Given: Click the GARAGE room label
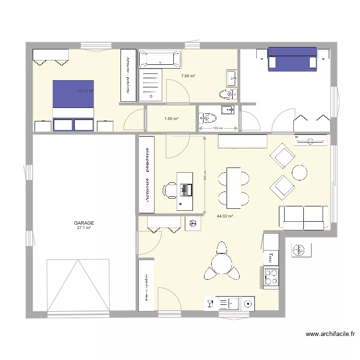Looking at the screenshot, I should [84, 223].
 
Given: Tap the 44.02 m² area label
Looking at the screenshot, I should [225, 216].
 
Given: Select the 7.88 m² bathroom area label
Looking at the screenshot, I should [188, 76].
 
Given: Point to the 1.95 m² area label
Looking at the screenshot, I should [171, 119].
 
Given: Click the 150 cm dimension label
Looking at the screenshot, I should [218, 128].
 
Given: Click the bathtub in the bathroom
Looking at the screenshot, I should [160, 59].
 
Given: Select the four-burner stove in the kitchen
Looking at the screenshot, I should [271, 276].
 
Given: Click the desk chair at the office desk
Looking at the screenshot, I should [170, 190].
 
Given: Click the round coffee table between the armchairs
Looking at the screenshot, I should [300, 172].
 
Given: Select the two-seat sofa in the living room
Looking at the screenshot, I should [304, 217].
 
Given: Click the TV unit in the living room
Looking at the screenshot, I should [312, 140].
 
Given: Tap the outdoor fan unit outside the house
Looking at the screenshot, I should [301, 250].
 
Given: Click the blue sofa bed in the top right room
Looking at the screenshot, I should [292, 59].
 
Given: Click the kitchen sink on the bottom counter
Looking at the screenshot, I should [229, 303].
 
